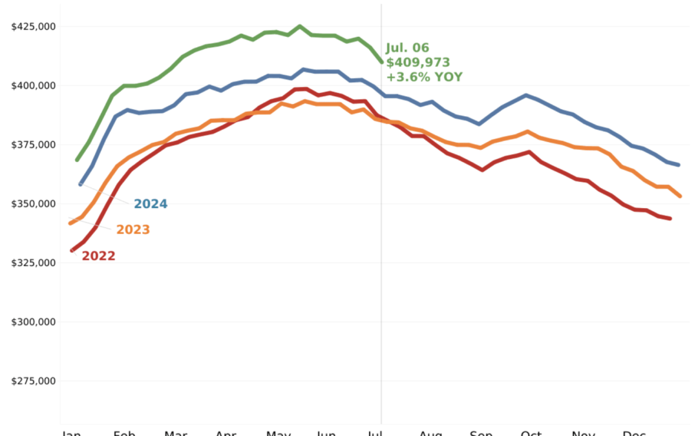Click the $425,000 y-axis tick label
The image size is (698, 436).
(x=34, y=26)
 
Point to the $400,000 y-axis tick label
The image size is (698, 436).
(x=34, y=85)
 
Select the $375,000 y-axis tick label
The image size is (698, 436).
(x=34, y=145)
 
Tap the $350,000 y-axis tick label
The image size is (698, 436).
(x=34, y=204)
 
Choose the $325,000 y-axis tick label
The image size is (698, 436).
(x=34, y=263)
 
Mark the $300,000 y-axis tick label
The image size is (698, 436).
(x=34, y=322)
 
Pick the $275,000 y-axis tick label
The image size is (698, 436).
(x=34, y=381)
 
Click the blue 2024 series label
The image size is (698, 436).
(x=151, y=204)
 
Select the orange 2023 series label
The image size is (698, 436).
(x=132, y=230)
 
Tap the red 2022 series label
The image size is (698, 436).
(x=98, y=256)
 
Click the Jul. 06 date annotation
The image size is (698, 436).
(x=407, y=48)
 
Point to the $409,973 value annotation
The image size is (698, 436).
(x=418, y=63)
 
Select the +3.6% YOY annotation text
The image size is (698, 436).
(x=424, y=77)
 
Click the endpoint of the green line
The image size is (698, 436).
(x=381, y=62)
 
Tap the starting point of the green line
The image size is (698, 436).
(x=78, y=160)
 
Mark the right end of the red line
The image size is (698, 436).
(x=670, y=218)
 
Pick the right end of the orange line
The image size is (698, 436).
(x=680, y=196)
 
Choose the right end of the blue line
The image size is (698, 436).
(x=678, y=165)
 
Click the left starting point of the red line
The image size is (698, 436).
(x=72, y=250)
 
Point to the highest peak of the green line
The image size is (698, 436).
(x=299, y=26)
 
